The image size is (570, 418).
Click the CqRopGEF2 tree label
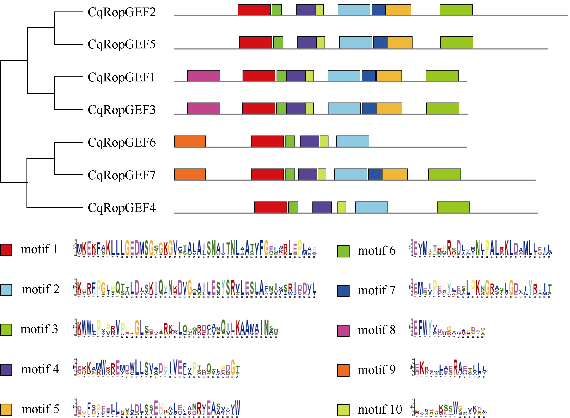tap(122, 12)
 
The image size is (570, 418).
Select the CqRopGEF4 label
tap(122, 208)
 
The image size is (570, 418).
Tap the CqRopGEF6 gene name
tap(122, 142)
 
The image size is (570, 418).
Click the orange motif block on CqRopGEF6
tap(190, 141)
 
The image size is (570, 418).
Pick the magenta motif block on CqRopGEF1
tap(204, 76)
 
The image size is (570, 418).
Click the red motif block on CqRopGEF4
tap(271, 207)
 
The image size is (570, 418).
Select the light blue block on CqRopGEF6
tap(352, 141)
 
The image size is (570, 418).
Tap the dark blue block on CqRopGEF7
tap(375, 174)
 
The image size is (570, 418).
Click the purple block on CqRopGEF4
tap(322, 207)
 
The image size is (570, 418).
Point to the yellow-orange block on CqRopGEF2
tap(398, 10)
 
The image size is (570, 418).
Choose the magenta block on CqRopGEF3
tap(204, 108)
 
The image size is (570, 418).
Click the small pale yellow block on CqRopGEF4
tap(341, 207)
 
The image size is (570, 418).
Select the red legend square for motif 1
tap(6, 250)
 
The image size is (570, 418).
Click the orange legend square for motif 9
tap(343, 370)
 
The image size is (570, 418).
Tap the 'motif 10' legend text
tap(380, 409)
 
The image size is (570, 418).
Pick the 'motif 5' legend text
tap(40, 409)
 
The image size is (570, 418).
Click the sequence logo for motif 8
tap(448, 328)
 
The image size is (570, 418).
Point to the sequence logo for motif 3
tap(176, 328)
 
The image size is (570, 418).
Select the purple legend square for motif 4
tap(6, 370)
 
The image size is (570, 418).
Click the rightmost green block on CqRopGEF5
tap(456, 43)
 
